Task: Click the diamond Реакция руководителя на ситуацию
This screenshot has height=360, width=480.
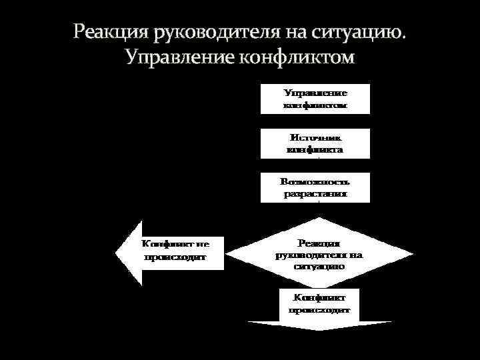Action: [x=319, y=254]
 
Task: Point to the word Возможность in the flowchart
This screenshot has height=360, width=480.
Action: [x=315, y=181]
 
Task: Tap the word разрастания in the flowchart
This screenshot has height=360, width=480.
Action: [x=315, y=195]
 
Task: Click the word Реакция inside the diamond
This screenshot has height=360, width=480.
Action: [x=319, y=243]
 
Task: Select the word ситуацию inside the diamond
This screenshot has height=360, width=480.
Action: [x=319, y=265]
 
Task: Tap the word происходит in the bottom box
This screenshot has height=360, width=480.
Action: [x=319, y=309]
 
